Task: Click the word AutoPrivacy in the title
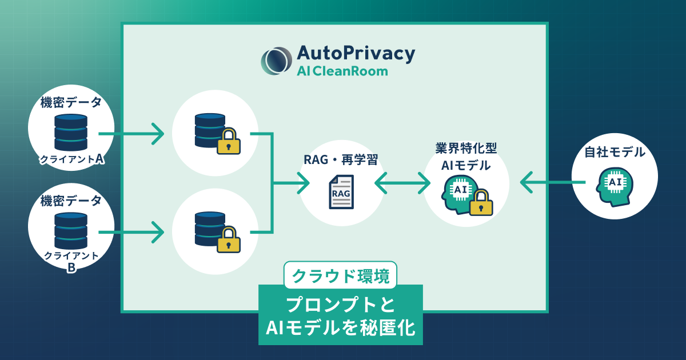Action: point(356,53)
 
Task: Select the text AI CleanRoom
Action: point(342,71)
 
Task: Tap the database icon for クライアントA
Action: point(71,132)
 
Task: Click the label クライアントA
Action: point(71,159)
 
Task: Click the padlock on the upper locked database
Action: point(228,142)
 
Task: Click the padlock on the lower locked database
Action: point(228,240)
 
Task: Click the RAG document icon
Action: point(341,192)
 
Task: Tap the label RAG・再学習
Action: point(341,160)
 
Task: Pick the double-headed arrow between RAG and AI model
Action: point(402,183)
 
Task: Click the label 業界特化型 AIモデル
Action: point(465,157)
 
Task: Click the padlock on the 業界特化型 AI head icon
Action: point(481,203)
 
